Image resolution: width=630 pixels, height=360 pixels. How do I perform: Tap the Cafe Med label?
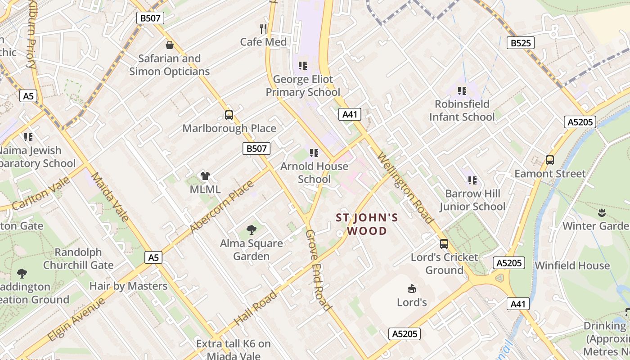point(263,42)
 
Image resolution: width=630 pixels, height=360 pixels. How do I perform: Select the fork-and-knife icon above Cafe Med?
point(263,29)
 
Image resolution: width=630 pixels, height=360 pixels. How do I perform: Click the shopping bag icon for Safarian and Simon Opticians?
point(170,45)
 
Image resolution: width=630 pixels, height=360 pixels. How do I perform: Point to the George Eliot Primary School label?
point(303,86)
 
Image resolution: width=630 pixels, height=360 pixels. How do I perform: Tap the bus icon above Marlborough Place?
point(229,115)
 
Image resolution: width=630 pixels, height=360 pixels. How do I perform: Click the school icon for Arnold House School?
point(314,153)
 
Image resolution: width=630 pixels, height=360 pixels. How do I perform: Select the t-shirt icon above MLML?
point(205,176)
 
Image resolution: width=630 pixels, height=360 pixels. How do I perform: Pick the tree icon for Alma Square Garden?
point(252,230)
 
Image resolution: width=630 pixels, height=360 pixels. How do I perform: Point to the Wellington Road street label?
point(405,188)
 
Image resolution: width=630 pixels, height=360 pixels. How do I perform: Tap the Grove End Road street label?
point(318,270)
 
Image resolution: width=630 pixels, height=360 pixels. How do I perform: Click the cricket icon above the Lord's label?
point(411,288)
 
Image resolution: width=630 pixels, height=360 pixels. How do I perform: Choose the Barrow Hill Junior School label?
point(472,200)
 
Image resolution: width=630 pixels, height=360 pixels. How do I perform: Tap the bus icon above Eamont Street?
point(549,160)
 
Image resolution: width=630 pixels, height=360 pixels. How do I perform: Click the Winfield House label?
point(572,265)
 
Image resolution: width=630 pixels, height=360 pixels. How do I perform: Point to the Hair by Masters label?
point(128,286)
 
